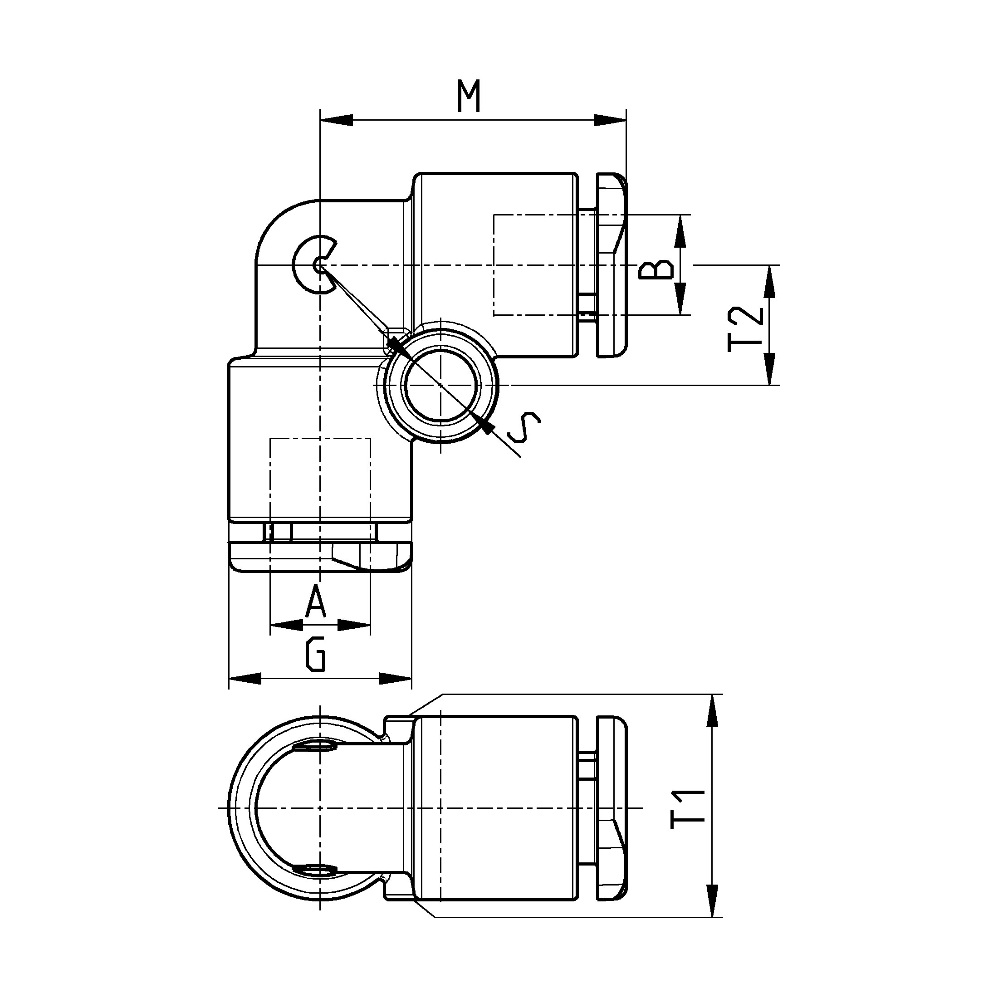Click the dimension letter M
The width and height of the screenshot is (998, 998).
coord(470,96)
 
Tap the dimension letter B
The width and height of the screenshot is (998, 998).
coord(657,269)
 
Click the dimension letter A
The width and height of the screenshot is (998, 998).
coord(316,601)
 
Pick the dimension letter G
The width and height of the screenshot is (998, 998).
coord(316,655)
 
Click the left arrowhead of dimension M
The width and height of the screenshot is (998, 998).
coord(336,120)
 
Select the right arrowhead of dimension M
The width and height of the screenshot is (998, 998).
coord(610,120)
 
